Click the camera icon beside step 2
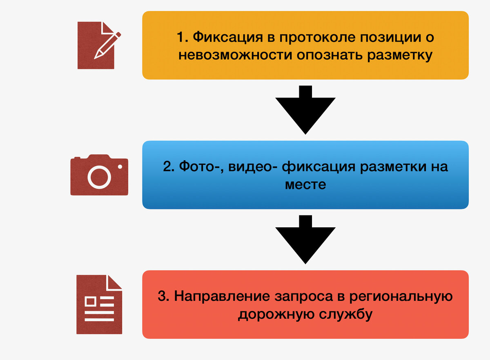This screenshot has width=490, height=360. pos(99,175)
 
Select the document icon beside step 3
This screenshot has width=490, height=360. pos(99,304)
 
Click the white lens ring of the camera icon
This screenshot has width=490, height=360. pos(99,177)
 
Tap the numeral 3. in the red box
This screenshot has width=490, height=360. pos(163,296)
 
